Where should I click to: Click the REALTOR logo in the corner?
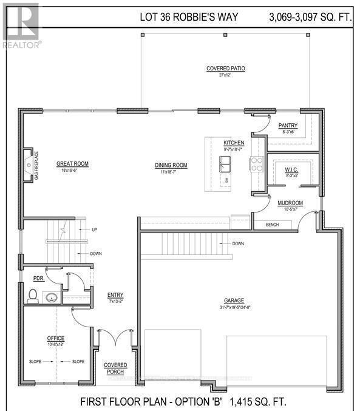click(21, 25)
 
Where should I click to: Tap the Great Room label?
click(73, 163)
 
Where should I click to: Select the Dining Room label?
click(170, 165)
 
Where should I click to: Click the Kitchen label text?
click(233, 142)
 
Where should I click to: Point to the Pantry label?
click(288, 126)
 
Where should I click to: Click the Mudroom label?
click(290, 203)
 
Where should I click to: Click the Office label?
click(56, 338)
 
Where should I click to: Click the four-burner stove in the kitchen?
click(257, 163)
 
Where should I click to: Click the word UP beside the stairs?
click(94, 230)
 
